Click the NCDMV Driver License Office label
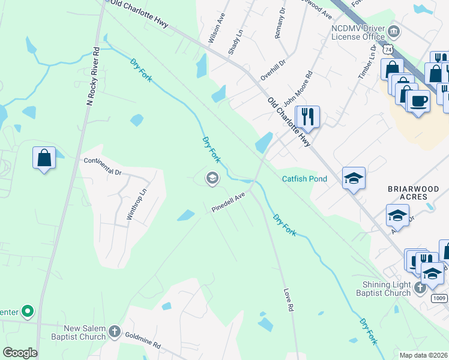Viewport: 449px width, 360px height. point(358,32)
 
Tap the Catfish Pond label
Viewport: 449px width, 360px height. point(305,179)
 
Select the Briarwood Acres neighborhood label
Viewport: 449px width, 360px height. point(417,193)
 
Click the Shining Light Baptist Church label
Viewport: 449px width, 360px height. point(387,288)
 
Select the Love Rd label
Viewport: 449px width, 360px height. point(288,299)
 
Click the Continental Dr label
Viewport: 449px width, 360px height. point(103,166)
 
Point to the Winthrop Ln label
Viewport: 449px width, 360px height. point(136,205)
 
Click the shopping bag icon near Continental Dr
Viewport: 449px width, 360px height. point(44,158)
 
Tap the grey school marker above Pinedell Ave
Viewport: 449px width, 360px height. point(211,178)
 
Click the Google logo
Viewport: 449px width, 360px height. point(20,353)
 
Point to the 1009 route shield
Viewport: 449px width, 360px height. point(439,298)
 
